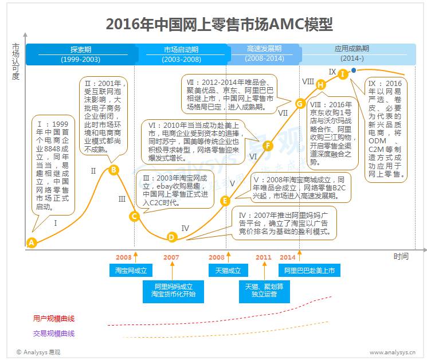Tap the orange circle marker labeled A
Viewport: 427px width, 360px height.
pyautogui.click(x=32, y=242)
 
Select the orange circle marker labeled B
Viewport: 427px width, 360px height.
pyautogui.click(x=113, y=169)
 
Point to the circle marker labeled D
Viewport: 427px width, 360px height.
pyautogui.click(x=171, y=237)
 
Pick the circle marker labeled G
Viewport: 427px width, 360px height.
pyautogui.click(x=299, y=104)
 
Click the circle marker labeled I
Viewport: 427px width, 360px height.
pyautogui.click(x=343, y=73)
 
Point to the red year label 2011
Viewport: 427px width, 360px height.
pyautogui.click(x=264, y=257)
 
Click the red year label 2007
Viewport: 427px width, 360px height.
pyautogui.click(x=171, y=257)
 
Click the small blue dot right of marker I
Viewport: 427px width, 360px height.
pyautogui.click(x=354, y=71)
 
